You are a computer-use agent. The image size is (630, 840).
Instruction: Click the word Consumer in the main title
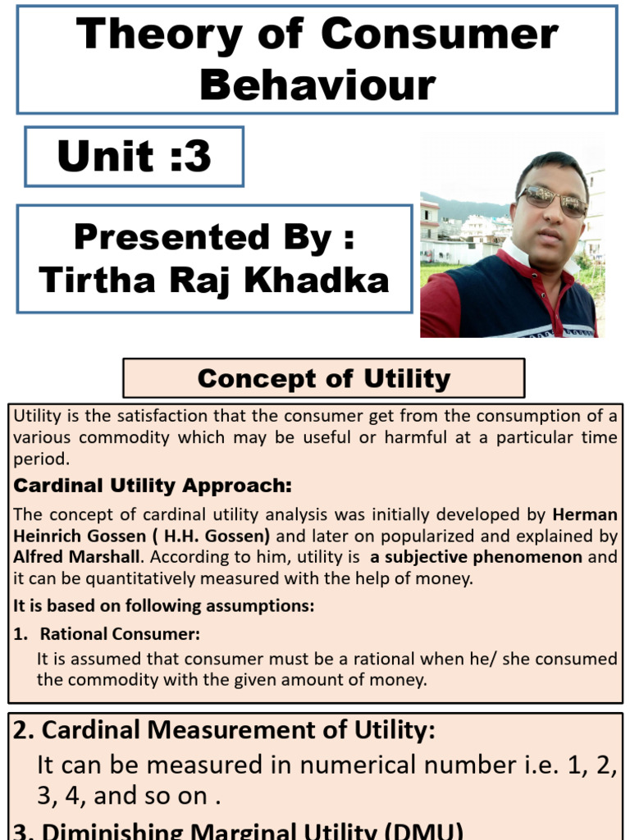coord(440,35)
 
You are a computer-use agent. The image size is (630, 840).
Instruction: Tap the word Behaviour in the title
coord(317,84)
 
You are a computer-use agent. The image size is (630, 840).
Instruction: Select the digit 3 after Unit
coord(198,156)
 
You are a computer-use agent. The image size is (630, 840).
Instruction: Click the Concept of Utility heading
coord(323,379)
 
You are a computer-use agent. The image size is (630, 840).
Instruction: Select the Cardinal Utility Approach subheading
coord(153,486)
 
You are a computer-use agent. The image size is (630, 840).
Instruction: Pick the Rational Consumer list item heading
coord(120,633)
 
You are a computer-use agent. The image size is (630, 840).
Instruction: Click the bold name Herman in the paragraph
coord(585,515)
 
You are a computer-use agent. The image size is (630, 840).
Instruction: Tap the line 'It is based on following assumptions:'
coord(164,607)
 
